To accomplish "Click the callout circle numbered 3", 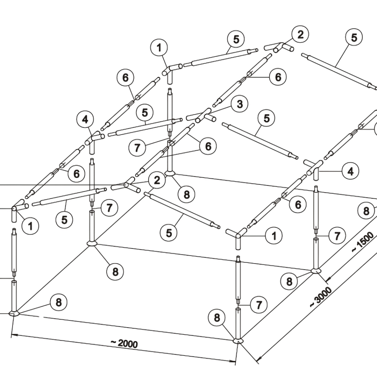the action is click(240, 104).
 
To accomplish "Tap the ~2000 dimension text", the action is click(124, 343).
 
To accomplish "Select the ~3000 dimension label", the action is click(320, 297).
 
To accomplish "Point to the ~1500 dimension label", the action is click(363, 242).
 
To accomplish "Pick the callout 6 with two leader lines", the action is click(208, 146).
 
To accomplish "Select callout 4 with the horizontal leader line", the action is click(351, 172).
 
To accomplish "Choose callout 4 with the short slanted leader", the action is click(85, 120).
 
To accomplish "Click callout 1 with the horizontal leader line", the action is click(274, 236).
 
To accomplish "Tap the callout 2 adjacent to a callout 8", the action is click(157, 180).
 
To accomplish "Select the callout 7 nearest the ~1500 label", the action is click(337, 236).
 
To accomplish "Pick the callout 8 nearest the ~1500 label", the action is click(366, 211).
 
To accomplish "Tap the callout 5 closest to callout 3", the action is click(267, 118).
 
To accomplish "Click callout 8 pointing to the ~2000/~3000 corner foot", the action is click(217, 318).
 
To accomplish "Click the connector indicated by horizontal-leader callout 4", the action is click(314, 169).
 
